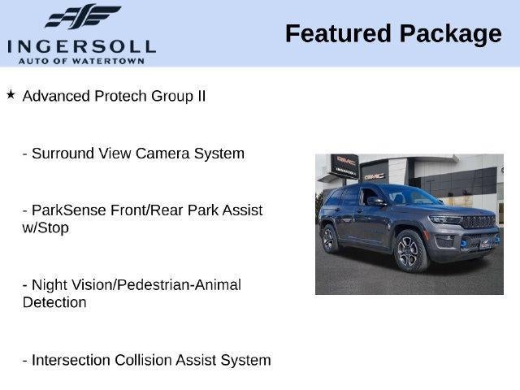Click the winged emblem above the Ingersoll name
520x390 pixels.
(83, 16)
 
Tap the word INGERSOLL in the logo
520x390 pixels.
(81, 47)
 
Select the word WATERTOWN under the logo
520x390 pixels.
(108, 61)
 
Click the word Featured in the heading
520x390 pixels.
(338, 33)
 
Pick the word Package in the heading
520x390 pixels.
(451, 35)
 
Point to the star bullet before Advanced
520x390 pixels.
(11, 94)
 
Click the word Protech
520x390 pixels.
(120, 96)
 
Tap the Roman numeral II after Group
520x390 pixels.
(201, 96)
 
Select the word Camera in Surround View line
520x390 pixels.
(162, 154)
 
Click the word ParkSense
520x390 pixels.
(69, 210)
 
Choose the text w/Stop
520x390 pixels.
(45, 227)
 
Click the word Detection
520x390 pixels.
(54, 302)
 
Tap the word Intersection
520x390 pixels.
(71, 360)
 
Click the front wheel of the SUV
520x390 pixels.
(409, 251)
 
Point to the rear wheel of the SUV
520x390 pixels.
(329, 239)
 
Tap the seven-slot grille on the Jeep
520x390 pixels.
(479, 222)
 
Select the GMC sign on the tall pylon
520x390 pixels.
(345, 161)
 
